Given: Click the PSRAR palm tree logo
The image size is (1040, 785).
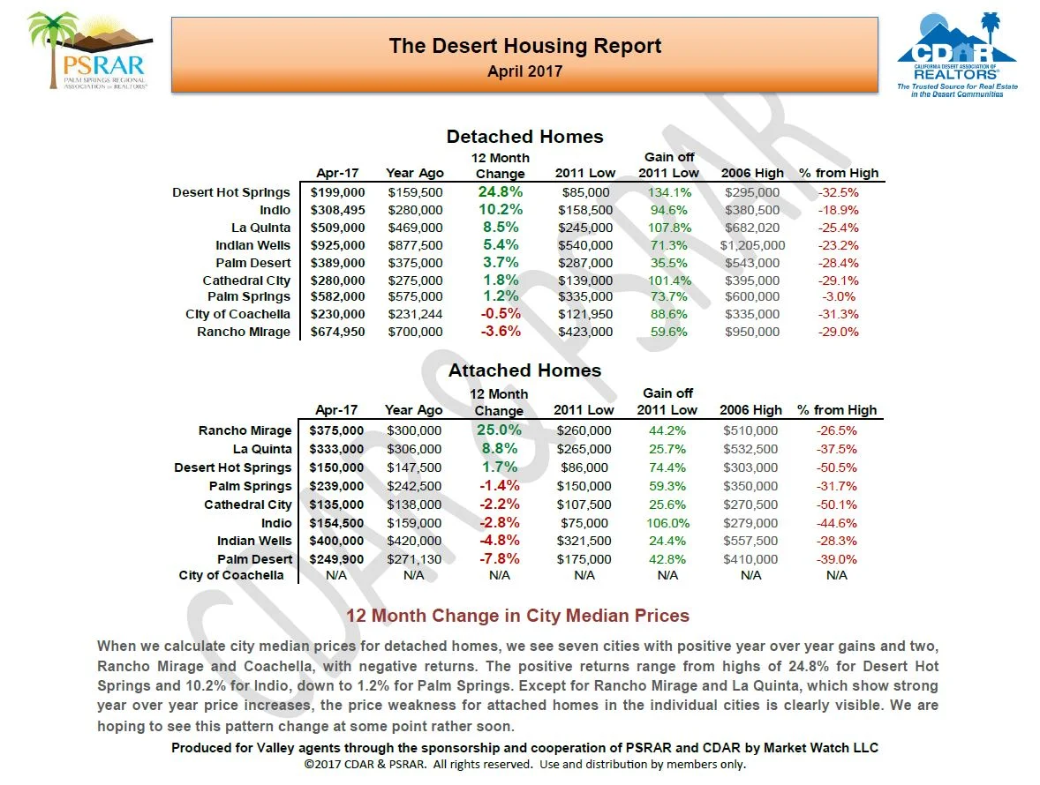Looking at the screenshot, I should tap(88, 50).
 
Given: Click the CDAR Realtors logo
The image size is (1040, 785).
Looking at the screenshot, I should tap(957, 55).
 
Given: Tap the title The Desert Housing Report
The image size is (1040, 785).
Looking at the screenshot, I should tap(524, 46).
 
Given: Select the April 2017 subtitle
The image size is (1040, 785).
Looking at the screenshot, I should tap(524, 71).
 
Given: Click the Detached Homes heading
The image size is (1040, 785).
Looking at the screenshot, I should tap(524, 137).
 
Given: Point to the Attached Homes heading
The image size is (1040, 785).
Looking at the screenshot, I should tap(524, 370).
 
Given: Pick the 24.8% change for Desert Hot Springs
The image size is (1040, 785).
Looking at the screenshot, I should tap(500, 191).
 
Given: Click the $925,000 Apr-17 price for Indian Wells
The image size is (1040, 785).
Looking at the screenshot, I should tap(337, 245).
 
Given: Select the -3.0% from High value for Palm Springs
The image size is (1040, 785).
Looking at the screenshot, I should tap(838, 297).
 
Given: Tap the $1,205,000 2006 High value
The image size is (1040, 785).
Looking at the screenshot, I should tap(752, 245).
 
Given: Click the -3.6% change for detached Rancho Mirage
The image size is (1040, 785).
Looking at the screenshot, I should tap(500, 332).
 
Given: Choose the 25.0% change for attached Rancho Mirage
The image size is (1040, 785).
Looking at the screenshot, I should tap(499, 430).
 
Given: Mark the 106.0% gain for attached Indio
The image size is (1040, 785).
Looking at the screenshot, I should tap(667, 523).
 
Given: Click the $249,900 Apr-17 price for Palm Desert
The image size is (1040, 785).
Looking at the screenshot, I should tap(336, 559).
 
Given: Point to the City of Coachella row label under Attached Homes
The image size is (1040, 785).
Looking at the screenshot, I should tap(231, 575).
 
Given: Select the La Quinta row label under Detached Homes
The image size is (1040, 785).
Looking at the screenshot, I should tap(260, 228).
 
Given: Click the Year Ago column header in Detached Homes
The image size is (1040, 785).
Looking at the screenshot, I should tap(415, 173).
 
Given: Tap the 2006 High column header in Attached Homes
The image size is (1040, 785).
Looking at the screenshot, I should tap(750, 410).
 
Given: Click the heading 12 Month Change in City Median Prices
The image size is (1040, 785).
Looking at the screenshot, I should tap(517, 616).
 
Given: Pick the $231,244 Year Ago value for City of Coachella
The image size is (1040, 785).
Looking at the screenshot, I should tap(415, 314).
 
